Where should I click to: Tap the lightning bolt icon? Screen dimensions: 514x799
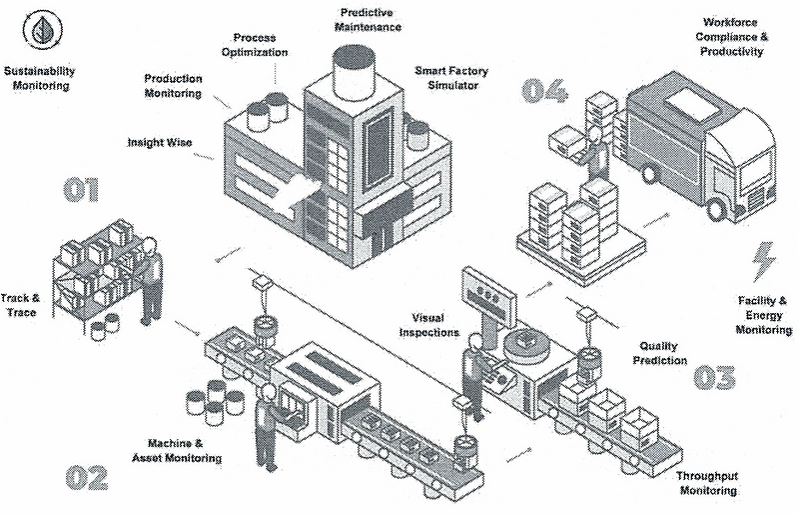[x=764, y=263]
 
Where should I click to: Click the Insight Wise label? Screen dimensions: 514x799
[x=159, y=143]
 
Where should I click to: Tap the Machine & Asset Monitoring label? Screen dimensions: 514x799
[x=176, y=450]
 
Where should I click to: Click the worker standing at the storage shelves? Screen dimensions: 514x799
[x=150, y=280]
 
